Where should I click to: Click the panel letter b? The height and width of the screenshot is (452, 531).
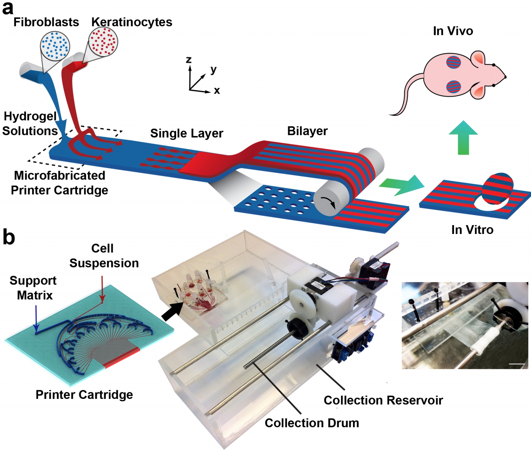click(x=9, y=238)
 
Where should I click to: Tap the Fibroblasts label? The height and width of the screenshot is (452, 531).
click(x=46, y=22)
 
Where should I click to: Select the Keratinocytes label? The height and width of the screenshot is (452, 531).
click(x=132, y=22)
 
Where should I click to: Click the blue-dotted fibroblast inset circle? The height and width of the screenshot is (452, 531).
click(x=55, y=45)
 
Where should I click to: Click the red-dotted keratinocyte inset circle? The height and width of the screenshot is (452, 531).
click(x=103, y=41)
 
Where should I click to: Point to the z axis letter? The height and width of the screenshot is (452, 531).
click(x=189, y=60)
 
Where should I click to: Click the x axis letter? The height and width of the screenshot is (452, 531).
click(x=217, y=91)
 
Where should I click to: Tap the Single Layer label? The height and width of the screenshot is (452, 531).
click(x=187, y=133)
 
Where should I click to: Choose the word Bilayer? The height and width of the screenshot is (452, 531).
click(x=307, y=131)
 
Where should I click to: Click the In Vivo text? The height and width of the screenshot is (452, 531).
click(x=453, y=31)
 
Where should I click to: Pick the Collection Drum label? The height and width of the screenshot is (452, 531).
click(x=312, y=423)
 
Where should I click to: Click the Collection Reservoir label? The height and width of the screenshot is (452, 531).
click(x=383, y=400)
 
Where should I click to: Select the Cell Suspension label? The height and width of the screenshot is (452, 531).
click(x=104, y=256)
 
